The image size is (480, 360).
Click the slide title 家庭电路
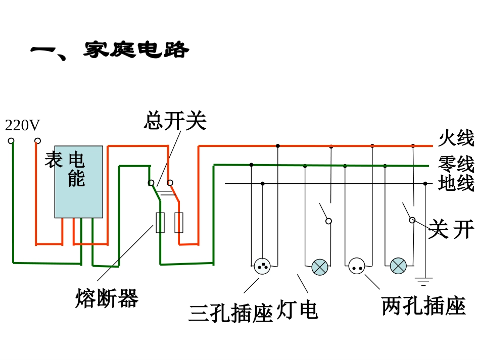point(136,50)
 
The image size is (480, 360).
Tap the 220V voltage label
point(22,125)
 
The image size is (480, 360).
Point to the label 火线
point(456,138)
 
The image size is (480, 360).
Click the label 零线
point(456,164)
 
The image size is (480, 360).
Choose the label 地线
point(456,183)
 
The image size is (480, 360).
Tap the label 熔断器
point(107,298)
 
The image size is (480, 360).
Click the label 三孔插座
point(231,313)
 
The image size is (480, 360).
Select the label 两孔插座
point(423,306)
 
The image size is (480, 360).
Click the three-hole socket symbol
point(262,266)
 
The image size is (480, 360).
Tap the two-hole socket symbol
point(357,266)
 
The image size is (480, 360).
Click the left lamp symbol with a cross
point(320,267)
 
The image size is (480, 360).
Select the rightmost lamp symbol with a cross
point(398,266)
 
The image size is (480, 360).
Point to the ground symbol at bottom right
point(424,282)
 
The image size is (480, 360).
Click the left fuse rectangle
point(160,223)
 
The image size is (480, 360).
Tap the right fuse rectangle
point(179,223)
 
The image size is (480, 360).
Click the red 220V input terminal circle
point(37,141)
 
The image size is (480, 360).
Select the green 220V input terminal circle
point(11,141)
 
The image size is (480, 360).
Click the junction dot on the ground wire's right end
point(425,184)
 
